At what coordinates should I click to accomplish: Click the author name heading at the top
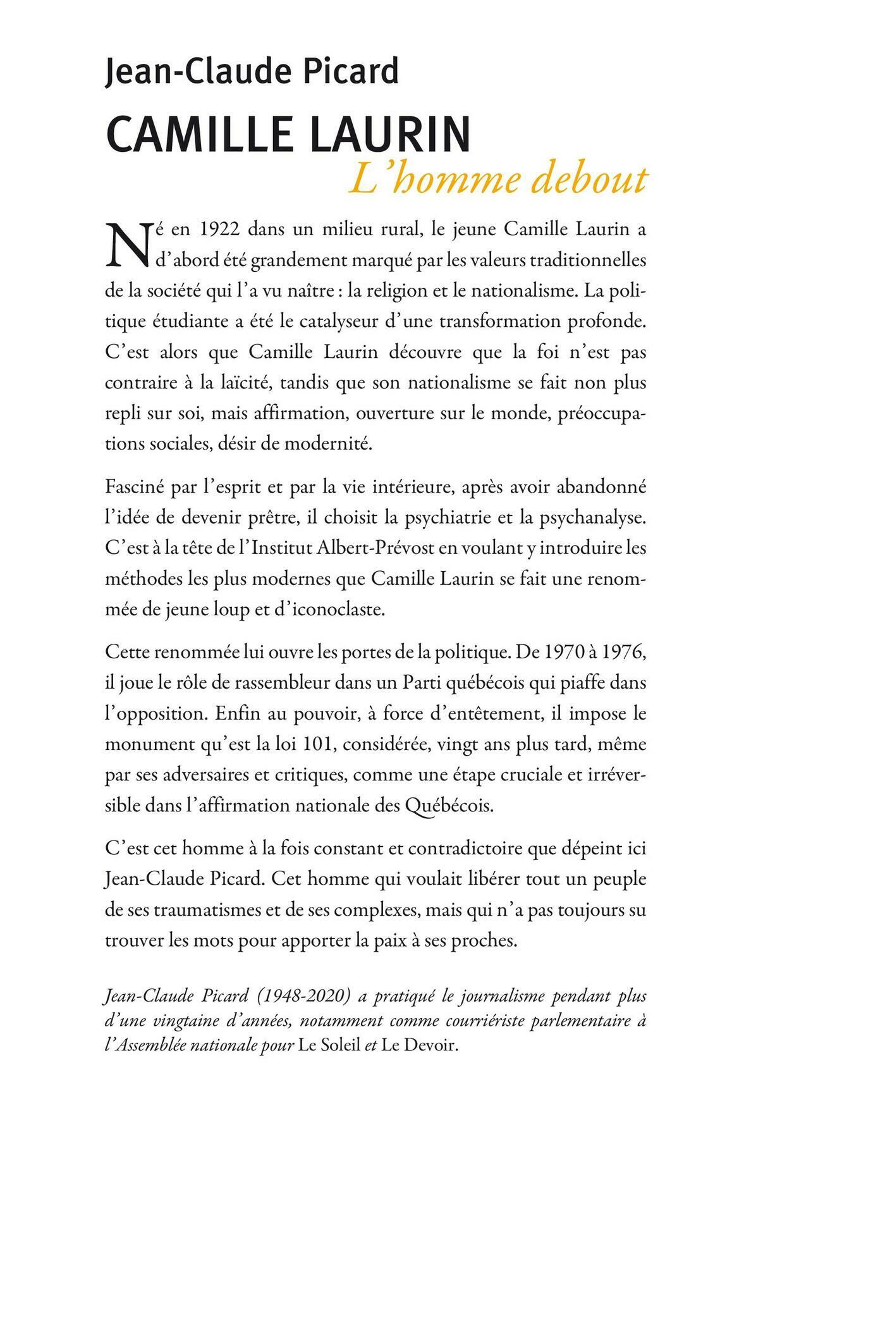[252, 71]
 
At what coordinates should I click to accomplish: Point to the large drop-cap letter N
[125, 243]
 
